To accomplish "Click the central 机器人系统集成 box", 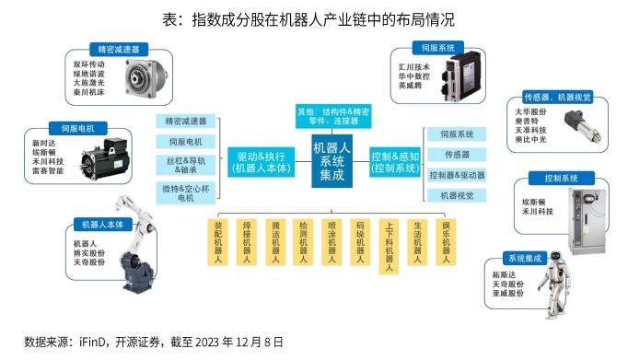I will (x=332, y=161).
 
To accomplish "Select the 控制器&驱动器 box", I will (x=457, y=175).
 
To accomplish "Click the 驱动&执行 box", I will (x=261, y=161).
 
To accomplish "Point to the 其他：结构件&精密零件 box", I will (x=334, y=116).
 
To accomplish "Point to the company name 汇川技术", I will (x=411, y=66).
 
